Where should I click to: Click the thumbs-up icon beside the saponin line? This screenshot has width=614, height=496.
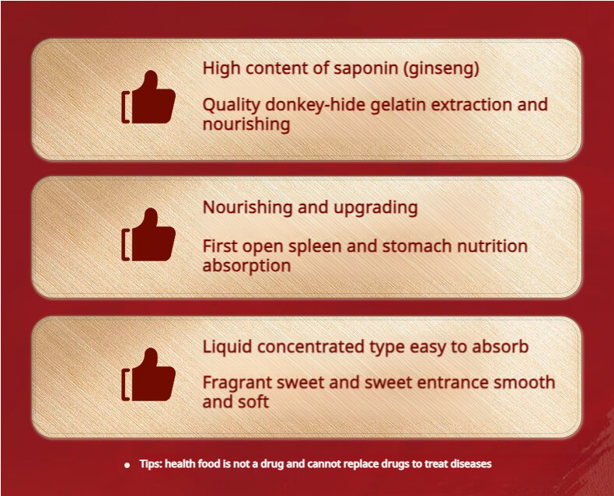point(148,97)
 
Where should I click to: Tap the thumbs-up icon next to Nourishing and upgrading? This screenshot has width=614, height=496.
point(148,234)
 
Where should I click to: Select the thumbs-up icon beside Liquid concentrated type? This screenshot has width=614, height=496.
point(148,375)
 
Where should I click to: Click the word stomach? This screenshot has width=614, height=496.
point(417,246)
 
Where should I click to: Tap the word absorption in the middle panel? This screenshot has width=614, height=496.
point(246,266)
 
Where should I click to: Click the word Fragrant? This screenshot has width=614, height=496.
point(237,382)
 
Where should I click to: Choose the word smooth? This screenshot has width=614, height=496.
point(524,382)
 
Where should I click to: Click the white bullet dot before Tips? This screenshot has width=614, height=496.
point(127,465)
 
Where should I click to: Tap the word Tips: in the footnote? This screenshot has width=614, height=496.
point(151,464)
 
